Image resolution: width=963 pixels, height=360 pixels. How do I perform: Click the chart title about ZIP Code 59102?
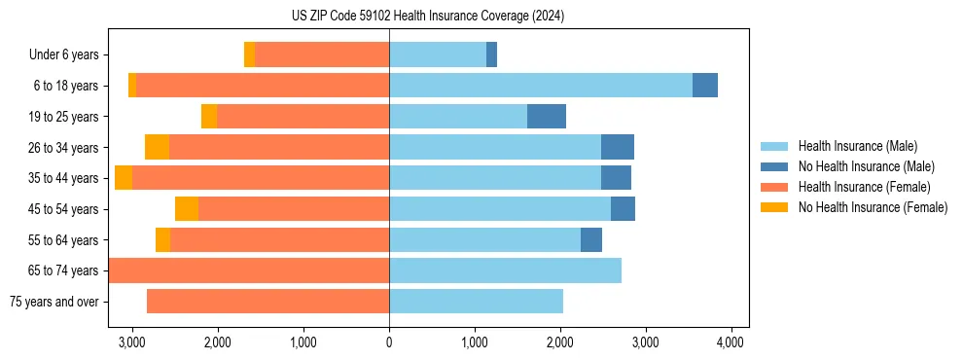427,16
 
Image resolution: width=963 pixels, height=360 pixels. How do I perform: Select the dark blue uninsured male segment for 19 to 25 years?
547,117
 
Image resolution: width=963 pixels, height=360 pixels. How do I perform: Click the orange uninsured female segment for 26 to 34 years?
157,147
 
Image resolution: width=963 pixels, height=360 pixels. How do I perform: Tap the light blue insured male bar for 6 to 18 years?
540,86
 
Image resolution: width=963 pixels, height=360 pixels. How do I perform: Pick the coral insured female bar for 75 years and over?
267,302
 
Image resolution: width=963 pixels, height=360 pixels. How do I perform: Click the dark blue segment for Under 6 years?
492,55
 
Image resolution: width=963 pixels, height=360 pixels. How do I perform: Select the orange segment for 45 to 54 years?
187,209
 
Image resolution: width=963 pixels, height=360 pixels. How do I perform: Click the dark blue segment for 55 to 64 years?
591,239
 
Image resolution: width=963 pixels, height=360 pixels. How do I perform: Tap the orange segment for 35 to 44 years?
124,178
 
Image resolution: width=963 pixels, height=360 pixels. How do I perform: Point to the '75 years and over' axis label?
53,302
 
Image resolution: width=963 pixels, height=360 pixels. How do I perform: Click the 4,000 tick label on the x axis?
731,342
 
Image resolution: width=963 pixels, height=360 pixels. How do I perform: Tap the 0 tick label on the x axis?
389,342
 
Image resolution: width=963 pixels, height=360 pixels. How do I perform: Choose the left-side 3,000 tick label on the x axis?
132,342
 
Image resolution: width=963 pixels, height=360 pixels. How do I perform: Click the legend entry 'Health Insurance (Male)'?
857,146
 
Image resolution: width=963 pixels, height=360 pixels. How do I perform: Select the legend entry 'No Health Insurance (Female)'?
873,207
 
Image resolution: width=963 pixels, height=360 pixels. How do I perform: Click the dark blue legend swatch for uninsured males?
774,166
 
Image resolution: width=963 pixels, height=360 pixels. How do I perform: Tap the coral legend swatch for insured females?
774,187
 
